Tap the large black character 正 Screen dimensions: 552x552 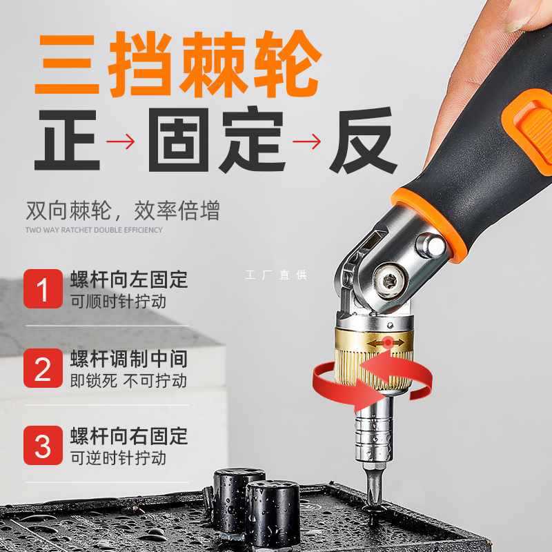(x=67, y=139)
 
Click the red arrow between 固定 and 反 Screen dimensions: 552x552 (x=306, y=142)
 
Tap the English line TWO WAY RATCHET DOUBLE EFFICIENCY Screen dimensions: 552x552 (x=94, y=230)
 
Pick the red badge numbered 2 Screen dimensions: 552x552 (x=43, y=368)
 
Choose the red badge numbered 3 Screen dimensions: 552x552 (x=43, y=446)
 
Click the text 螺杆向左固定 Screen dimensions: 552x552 (x=129, y=280)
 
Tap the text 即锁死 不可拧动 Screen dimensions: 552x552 (x=129, y=379)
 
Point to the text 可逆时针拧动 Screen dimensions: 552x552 (x=118, y=457)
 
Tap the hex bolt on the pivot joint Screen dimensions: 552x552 (x=387, y=282)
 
